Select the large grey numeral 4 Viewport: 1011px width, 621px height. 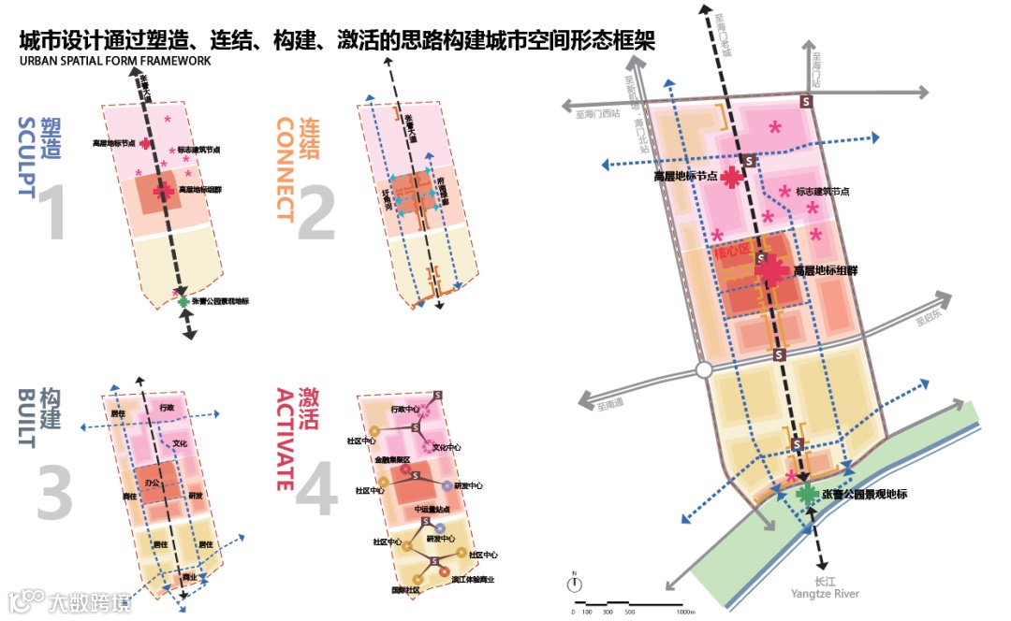tap(315, 491)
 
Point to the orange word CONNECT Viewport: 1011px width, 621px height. tap(285, 168)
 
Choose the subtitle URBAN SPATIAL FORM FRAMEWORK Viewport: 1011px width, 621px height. tap(114, 61)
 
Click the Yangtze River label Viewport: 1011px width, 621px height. tap(824, 594)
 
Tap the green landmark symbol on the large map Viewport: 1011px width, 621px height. tap(806, 494)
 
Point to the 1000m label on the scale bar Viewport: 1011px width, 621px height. tap(685, 612)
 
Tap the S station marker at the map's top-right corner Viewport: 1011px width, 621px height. tap(806, 101)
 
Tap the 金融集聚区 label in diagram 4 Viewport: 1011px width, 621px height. tap(392, 460)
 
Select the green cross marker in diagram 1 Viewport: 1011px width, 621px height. tap(183, 300)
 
